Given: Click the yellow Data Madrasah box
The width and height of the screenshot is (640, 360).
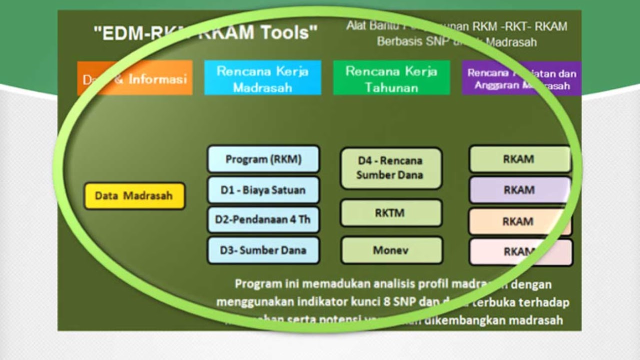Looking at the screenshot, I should pyautogui.click(x=134, y=195).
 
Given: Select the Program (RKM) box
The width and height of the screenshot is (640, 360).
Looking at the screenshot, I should pyautogui.click(x=263, y=159).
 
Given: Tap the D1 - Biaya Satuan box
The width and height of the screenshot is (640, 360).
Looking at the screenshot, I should pyautogui.click(x=263, y=190).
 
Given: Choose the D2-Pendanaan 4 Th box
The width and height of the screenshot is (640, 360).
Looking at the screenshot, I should pyautogui.click(x=263, y=219).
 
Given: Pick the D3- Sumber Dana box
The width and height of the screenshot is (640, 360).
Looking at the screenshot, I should pyautogui.click(x=263, y=250).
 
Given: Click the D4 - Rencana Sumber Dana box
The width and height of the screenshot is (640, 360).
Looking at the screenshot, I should pyautogui.click(x=390, y=168).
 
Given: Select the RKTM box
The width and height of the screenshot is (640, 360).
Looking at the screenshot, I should pyautogui.click(x=390, y=213).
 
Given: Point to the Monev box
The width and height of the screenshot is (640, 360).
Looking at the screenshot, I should pyautogui.click(x=391, y=250).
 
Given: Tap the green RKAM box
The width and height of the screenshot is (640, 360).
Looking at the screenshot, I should pyautogui.click(x=519, y=159).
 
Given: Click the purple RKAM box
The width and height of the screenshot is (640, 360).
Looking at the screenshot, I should pyautogui.click(x=519, y=190).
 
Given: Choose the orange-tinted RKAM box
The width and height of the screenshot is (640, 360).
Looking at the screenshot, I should pyautogui.click(x=519, y=221).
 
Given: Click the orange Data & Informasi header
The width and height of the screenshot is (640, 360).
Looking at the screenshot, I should pyautogui.click(x=134, y=78).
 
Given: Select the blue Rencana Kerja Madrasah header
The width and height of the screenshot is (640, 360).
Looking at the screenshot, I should pyautogui.click(x=262, y=78).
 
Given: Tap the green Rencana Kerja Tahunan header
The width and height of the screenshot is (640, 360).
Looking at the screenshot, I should pyautogui.click(x=391, y=78).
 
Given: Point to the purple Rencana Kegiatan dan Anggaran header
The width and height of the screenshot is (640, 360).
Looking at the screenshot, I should pyautogui.click(x=521, y=79).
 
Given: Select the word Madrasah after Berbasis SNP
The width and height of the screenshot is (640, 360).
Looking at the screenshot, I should pyautogui.click(x=511, y=42).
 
